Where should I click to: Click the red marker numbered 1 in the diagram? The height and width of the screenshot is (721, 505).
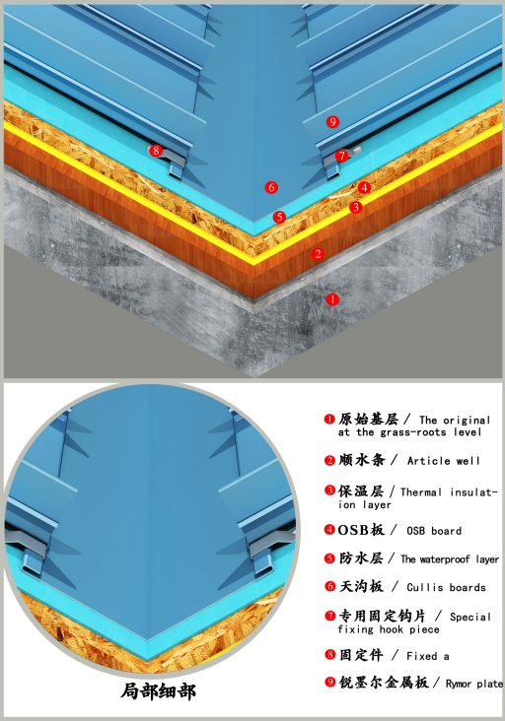pyautogui.click(x=332, y=299)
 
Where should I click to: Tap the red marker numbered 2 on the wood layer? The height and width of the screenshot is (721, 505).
pyautogui.click(x=318, y=254)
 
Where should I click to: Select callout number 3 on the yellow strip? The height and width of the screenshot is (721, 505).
pyautogui.click(x=355, y=208)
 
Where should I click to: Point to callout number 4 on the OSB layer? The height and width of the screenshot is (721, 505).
pyautogui.click(x=364, y=187)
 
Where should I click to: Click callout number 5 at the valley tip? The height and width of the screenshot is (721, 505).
pyautogui.click(x=279, y=217)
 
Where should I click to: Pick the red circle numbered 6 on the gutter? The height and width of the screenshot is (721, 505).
pyautogui.click(x=271, y=187)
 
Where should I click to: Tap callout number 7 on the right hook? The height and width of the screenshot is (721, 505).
pyautogui.click(x=341, y=156)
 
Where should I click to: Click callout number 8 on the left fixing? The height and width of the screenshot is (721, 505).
pyautogui.click(x=156, y=151)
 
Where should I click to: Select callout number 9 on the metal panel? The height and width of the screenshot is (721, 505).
pyautogui.click(x=332, y=122)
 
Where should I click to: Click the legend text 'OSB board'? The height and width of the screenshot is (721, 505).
pyautogui.click(x=434, y=531)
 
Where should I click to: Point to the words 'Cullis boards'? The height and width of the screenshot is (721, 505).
pyautogui.click(x=446, y=587)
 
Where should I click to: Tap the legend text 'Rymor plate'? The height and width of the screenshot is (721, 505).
pyautogui.click(x=474, y=684)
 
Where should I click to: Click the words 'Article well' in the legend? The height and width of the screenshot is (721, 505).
pyautogui.click(x=444, y=461)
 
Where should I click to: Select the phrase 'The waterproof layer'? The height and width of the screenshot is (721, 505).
pyautogui.click(x=450, y=559)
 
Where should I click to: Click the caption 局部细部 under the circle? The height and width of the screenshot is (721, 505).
pyautogui.click(x=159, y=691)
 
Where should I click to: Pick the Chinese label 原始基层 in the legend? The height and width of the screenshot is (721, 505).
pyautogui.click(x=369, y=419)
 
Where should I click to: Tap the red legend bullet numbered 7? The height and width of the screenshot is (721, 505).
pyautogui.click(x=329, y=616)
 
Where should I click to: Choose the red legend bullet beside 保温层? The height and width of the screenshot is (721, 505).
pyautogui.click(x=329, y=491)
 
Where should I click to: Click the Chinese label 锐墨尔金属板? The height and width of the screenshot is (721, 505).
pyautogui.click(x=384, y=682)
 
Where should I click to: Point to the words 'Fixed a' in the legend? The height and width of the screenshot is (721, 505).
pyautogui.click(x=428, y=656)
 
